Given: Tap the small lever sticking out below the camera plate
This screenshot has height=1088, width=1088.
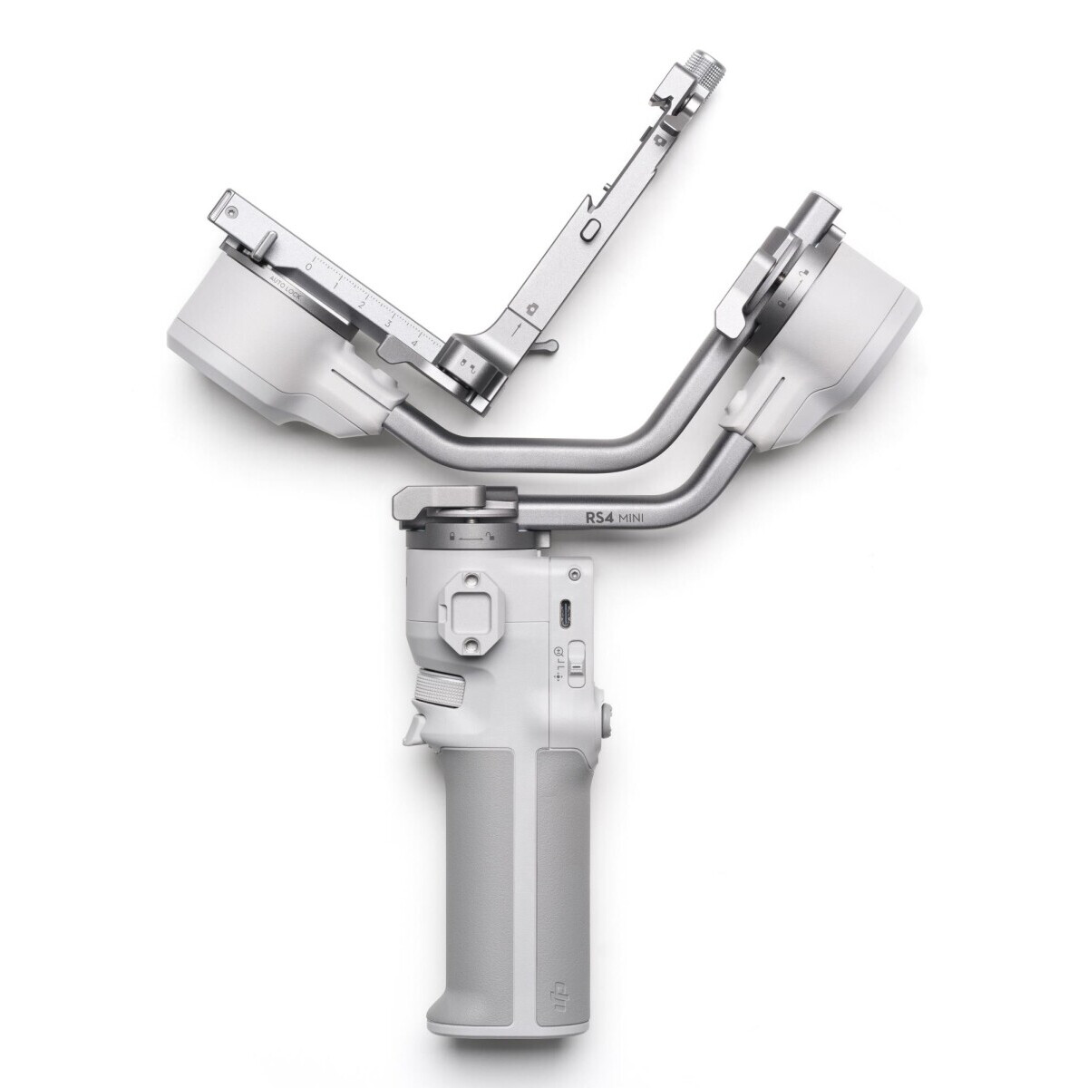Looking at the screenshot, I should click(544, 346).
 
